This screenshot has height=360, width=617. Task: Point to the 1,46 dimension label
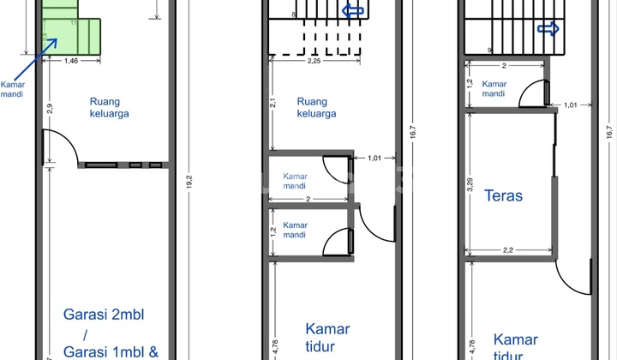73,62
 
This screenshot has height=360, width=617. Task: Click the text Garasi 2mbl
104,315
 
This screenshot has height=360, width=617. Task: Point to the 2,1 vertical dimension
272,104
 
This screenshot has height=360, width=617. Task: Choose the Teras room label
503,195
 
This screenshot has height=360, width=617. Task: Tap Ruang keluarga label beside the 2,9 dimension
109,107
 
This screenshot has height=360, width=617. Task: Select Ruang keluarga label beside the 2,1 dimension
316,107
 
